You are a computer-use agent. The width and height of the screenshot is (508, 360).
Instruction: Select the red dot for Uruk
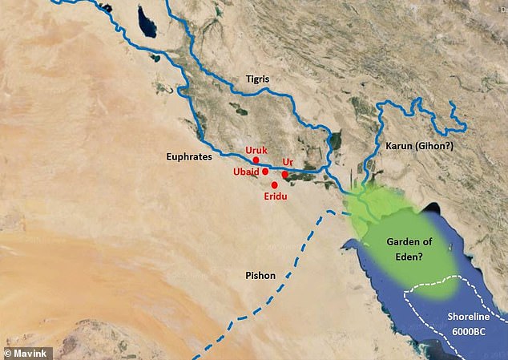[x=256, y=160]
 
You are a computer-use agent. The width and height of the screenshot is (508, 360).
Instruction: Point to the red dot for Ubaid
[x=265, y=172]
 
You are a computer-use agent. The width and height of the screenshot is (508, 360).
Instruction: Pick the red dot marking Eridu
[x=275, y=185]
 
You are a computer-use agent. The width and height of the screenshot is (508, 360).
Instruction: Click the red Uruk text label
[x=256, y=150]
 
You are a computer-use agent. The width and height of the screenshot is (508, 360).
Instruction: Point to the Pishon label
[x=260, y=276]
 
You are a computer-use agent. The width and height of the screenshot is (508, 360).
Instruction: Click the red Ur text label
[x=288, y=163]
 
